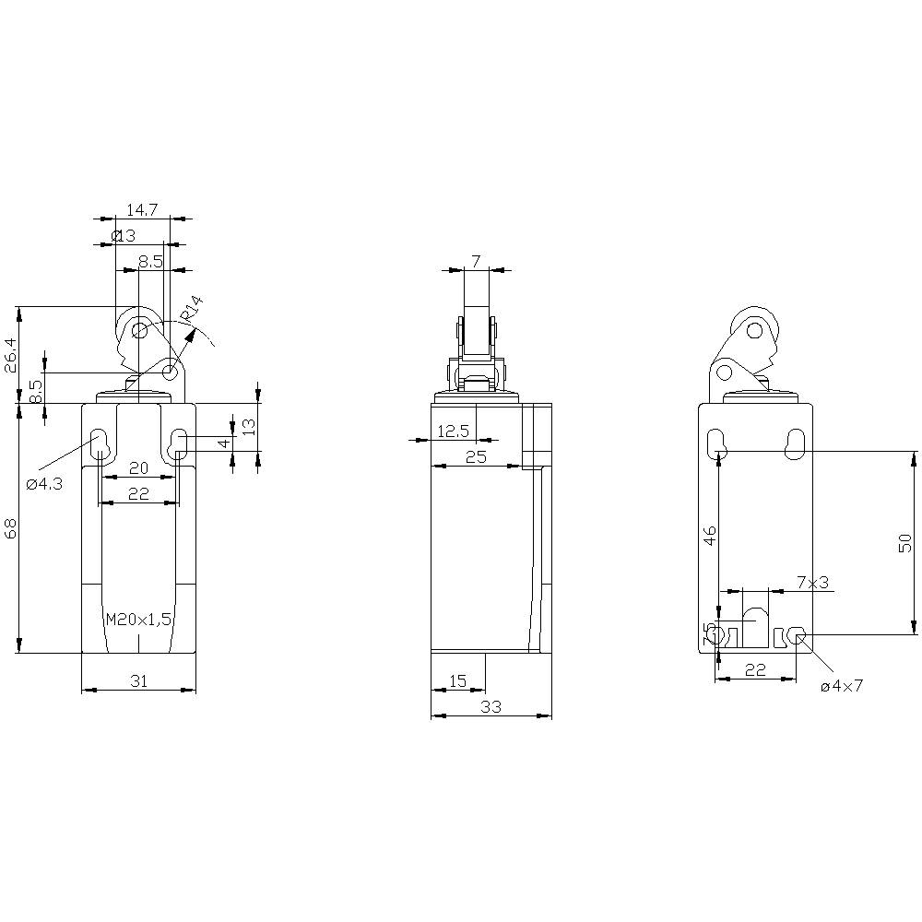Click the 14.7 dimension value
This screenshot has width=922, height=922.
pos(142,210)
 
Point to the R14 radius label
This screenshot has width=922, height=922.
pos(191,309)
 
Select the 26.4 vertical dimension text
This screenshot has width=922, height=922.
pos(11,354)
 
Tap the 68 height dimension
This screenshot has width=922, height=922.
pos(11,527)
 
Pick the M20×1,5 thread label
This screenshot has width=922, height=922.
pos(138,620)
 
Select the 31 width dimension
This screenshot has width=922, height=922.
pos(138,681)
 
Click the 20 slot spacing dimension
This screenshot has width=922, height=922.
pos(138,467)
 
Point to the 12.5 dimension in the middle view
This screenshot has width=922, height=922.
pos(453,431)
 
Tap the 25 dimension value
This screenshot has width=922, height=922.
pos(475,456)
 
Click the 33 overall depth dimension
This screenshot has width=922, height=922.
pos(491,707)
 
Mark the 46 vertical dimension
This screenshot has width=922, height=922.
pos(709,536)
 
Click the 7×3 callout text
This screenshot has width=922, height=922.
pos(812,583)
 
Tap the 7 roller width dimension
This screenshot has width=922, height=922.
pos(476,262)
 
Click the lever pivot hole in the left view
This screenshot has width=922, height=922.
pos(171,372)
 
